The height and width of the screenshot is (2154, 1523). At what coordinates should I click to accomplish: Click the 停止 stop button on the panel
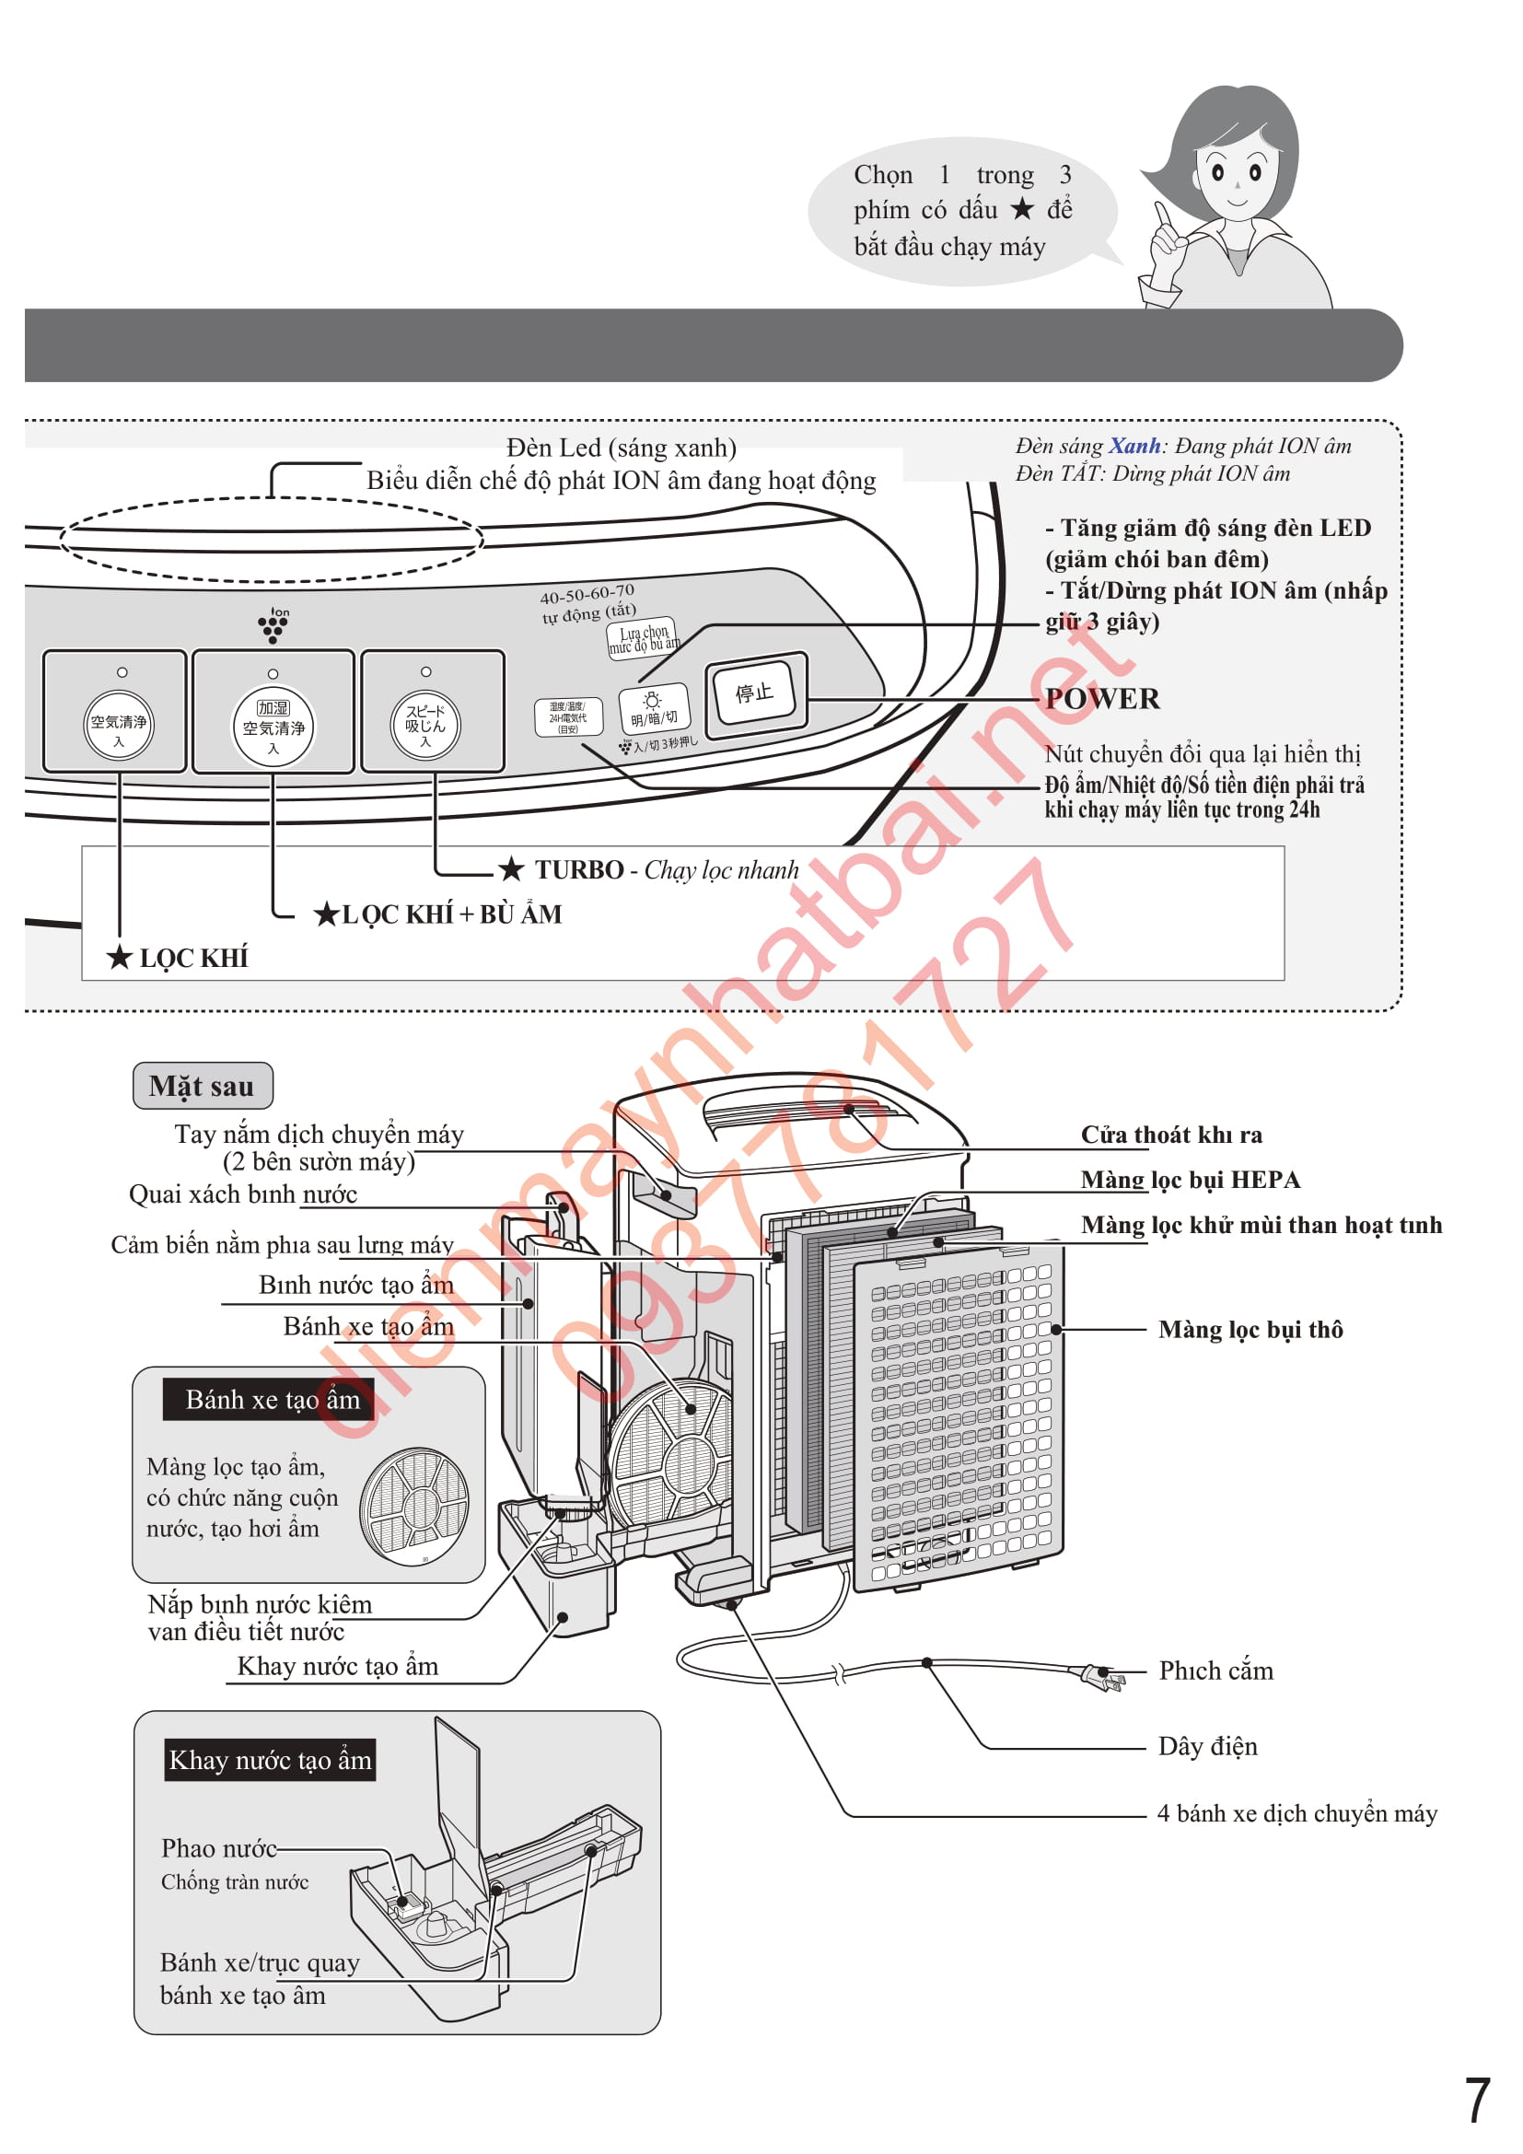point(755,694)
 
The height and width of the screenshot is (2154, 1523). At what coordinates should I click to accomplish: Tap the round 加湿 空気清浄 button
point(273,728)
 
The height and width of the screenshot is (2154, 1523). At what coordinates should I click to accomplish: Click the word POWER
point(1103,699)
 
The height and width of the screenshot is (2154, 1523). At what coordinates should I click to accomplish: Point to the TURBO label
point(578,870)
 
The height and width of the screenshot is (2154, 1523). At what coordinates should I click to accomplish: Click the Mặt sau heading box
point(203,1087)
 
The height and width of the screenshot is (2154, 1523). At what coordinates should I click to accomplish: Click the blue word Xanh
point(1134,447)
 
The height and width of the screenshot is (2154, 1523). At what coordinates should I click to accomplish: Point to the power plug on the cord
point(1104,1676)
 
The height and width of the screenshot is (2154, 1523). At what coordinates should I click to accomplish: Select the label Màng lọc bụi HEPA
point(1190,1181)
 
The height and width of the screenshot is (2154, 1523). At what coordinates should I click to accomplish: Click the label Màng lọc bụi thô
point(1250,1330)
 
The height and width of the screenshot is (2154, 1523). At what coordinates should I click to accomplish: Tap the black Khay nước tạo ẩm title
point(270,1760)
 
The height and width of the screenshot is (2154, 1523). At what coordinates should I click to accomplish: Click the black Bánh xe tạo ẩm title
point(272,1400)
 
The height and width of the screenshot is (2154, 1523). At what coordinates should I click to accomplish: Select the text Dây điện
point(1208,1747)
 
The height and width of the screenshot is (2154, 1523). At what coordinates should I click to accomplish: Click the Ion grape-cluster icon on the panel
point(273,624)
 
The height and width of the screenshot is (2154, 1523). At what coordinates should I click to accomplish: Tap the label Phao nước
point(219,1848)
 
